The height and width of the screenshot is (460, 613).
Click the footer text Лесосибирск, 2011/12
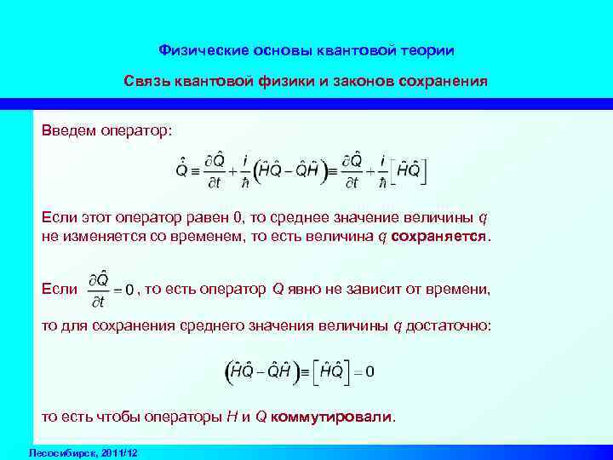tap(83, 451)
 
